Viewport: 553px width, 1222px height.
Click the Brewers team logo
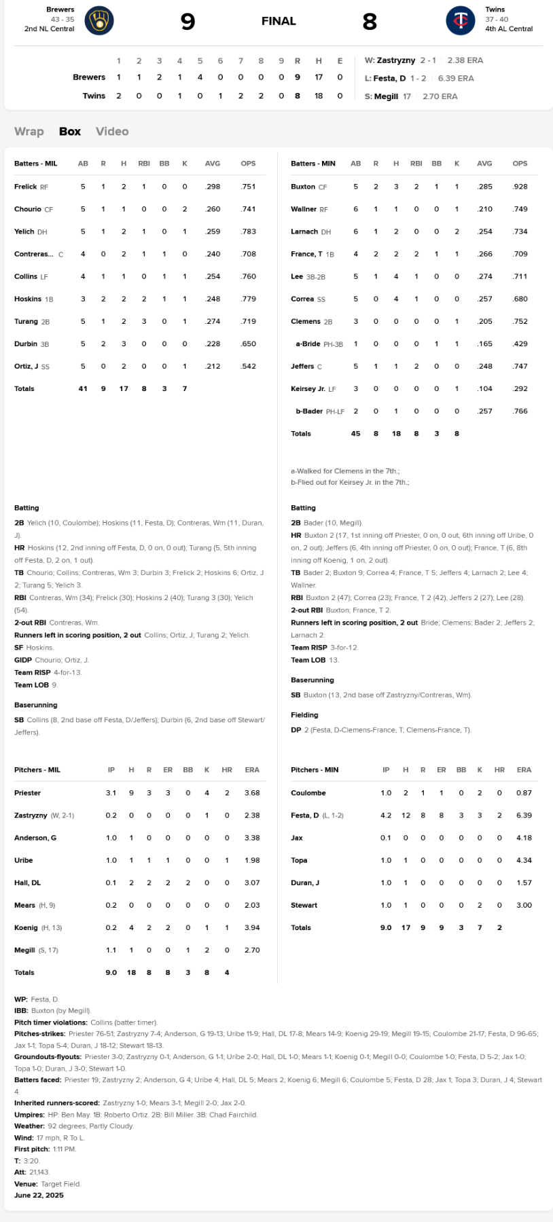click(x=99, y=21)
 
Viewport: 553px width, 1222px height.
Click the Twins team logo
click(x=461, y=21)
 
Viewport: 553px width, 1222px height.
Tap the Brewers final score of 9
click(x=188, y=22)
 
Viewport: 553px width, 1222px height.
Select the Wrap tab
click(x=29, y=132)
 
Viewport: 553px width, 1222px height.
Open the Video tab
click(x=112, y=132)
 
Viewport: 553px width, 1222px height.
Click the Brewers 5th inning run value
click(x=200, y=77)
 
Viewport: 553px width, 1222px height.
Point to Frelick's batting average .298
click(x=213, y=187)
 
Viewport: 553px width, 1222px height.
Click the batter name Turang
click(x=26, y=321)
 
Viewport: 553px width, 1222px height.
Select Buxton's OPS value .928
click(x=520, y=187)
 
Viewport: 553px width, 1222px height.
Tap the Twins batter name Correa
click(x=302, y=299)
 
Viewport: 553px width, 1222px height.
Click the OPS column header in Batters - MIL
click(x=248, y=164)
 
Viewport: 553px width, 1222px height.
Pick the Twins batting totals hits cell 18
click(x=396, y=434)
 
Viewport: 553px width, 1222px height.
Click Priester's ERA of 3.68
click(x=252, y=793)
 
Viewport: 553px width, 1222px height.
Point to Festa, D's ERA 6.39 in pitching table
click(x=524, y=815)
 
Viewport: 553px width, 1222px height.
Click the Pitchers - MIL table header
click(x=37, y=770)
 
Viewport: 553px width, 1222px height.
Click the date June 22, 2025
click(x=39, y=1196)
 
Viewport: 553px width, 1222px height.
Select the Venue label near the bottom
click(x=26, y=1184)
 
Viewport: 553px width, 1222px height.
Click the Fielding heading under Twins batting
click(x=304, y=715)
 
